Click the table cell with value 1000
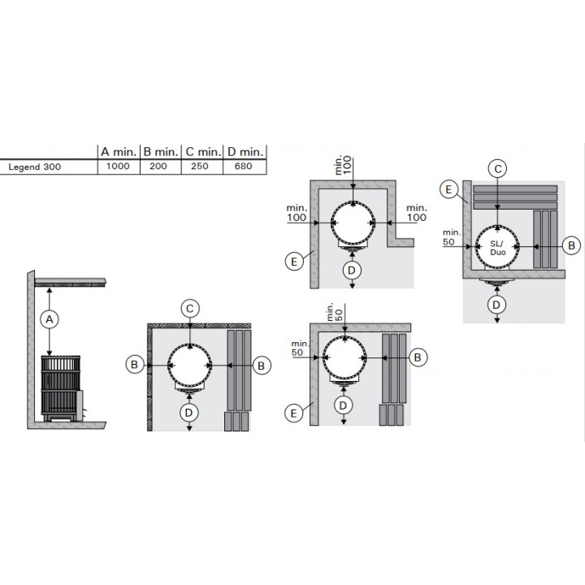pyautogui.click(x=119, y=167)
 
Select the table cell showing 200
pyautogui.click(x=158, y=167)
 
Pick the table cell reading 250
pyautogui.click(x=200, y=167)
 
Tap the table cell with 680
pyautogui.click(x=244, y=167)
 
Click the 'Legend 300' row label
pyautogui.click(x=35, y=167)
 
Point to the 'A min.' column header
pyautogui.click(x=119, y=152)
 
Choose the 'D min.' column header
pyautogui.click(x=245, y=152)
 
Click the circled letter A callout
pyautogui.click(x=50, y=319)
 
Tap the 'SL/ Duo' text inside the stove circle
pyautogui.click(x=497, y=248)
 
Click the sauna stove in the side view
pyautogui.click(x=62, y=388)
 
